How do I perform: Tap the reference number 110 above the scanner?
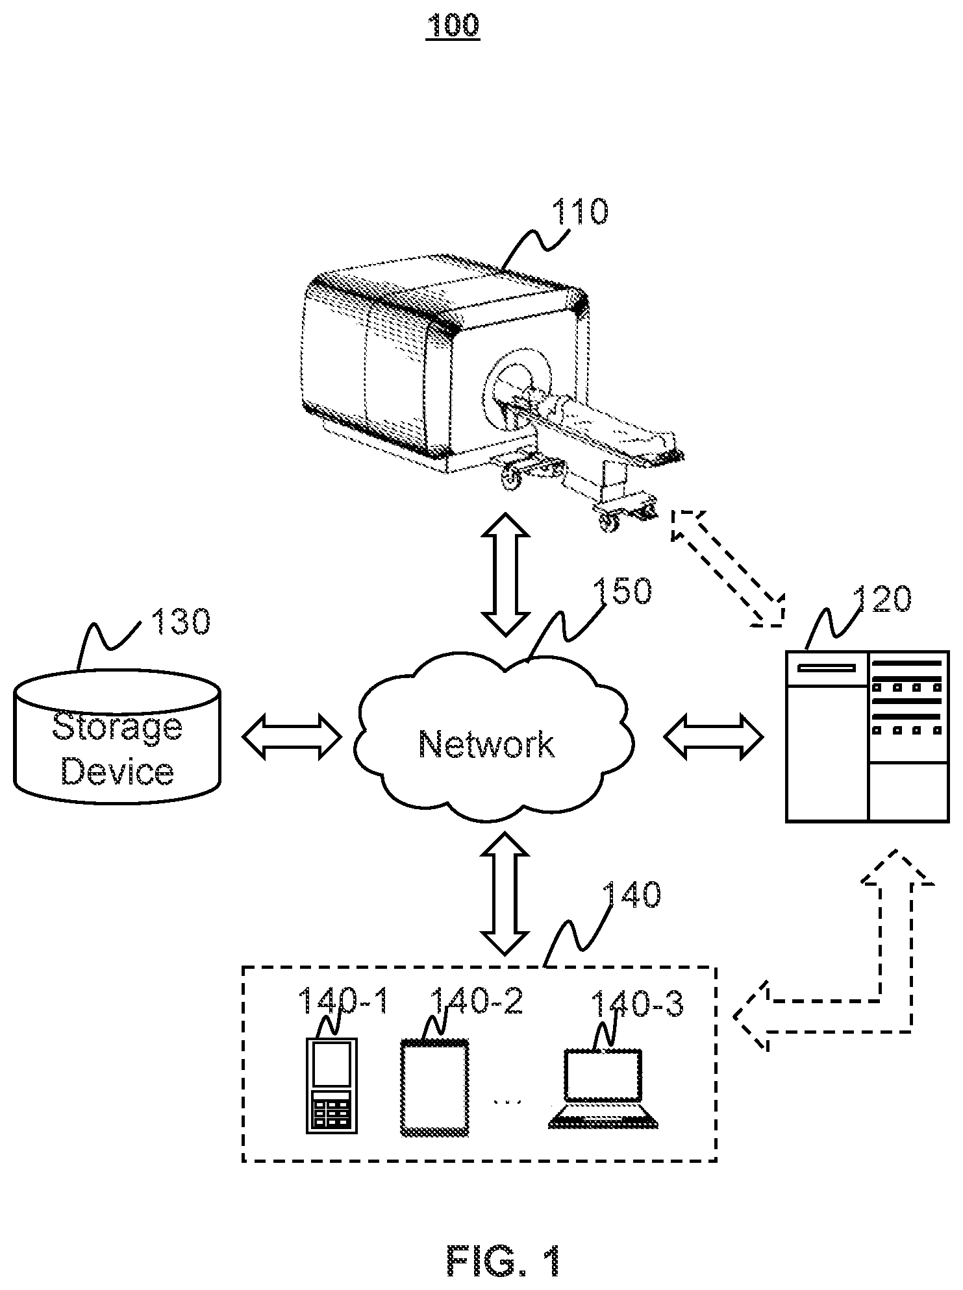pyautogui.click(x=580, y=212)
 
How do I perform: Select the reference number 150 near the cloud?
pyautogui.click(x=622, y=590)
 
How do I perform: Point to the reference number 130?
pyautogui.click(x=181, y=621)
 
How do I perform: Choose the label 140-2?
pyautogui.click(x=477, y=1001)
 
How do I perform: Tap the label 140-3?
pyautogui.click(x=637, y=1004)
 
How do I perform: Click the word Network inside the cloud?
pyautogui.click(x=487, y=744)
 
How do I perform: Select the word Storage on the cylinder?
pyautogui.click(x=118, y=727)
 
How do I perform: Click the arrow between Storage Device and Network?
pyautogui.click(x=292, y=736)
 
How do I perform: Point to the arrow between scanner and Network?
pyautogui.click(x=505, y=574)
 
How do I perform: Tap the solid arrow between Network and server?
pyautogui.click(x=714, y=736)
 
